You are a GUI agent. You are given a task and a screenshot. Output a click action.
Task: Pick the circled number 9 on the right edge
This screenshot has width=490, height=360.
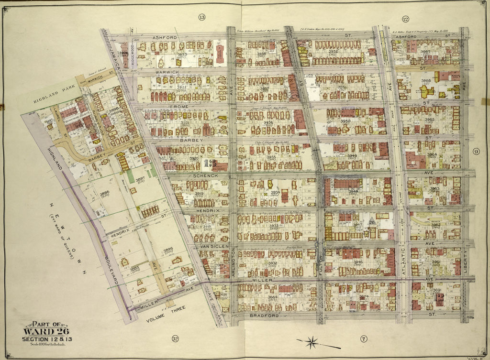pyautogui.click(x=477, y=152)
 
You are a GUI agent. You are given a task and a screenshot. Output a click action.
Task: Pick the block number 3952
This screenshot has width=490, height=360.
pyautogui.click(x=333, y=51)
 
